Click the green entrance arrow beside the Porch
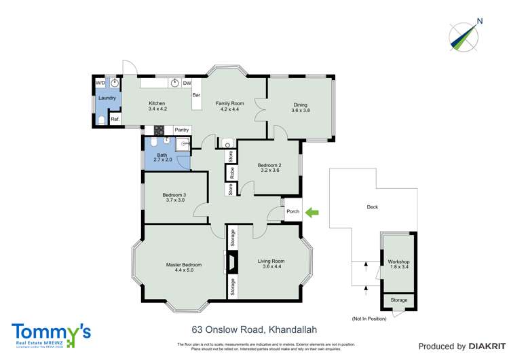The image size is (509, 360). [x=313, y=213]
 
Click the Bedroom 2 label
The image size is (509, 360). [x=269, y=165]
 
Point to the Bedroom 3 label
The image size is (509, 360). [x=174, y=195]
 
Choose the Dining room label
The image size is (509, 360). [x=300, y=105]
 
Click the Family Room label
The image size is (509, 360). [x=229, y=103]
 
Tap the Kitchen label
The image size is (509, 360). [x=157, y=103]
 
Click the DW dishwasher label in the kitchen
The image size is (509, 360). [x=187, y=83]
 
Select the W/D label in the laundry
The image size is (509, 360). [x=100, y=82]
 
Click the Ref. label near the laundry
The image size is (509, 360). [x=115, y=120]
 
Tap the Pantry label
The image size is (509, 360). [x=181, y=130]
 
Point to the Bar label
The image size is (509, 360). [x=197, y=95]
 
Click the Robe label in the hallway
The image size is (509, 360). [x=231, y=173]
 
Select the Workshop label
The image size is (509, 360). [x=398, y=262]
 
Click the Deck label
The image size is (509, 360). [x=372, y=207]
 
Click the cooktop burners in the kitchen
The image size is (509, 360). [x=160, y=130]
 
